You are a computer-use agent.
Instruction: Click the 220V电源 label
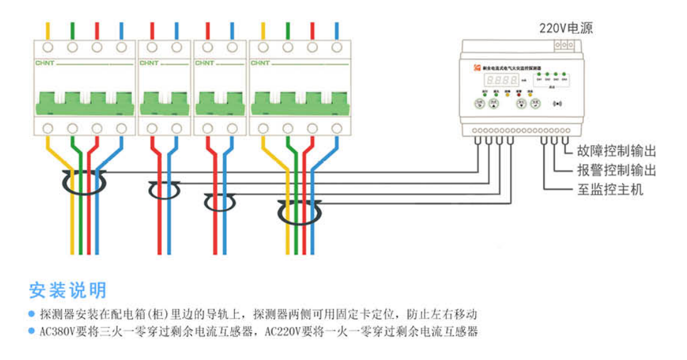pyautogui.click(x=566, y=28)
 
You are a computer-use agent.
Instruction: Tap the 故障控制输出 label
pyautogui.click(x=616, y=151)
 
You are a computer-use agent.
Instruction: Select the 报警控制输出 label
pyautogui.click(x=616, y=170)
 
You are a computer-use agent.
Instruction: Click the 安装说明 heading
pyautogui.click(x=68, y=290)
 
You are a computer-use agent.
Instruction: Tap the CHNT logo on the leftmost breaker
pyautogui.click(x=45, y=63)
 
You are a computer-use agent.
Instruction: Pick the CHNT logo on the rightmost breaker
pyautogui.click(x=260, y=63)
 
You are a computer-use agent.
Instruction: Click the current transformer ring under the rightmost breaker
pyautogui.click(x=299, y=212)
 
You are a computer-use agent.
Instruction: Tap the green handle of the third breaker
pyautogui.click(x=219, y=102)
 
